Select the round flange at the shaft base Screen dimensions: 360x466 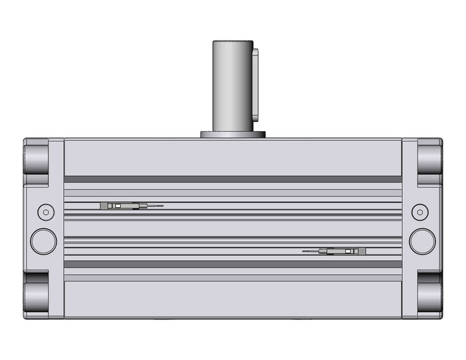[232, 134]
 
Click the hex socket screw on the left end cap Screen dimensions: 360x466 [44, 212]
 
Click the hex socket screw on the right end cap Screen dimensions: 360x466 [420, 212]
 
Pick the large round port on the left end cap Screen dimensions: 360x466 [43, 240]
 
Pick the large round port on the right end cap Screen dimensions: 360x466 [422, 240]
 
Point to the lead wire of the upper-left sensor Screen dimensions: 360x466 [155, 206]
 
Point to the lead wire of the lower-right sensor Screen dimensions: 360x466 [311, 251]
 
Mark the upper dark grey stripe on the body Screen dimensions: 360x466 [232, 179]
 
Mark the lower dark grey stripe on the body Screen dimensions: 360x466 [232, 264]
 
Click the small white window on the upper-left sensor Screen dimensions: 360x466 [118, 206]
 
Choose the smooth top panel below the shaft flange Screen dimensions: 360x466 [232, 156]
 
